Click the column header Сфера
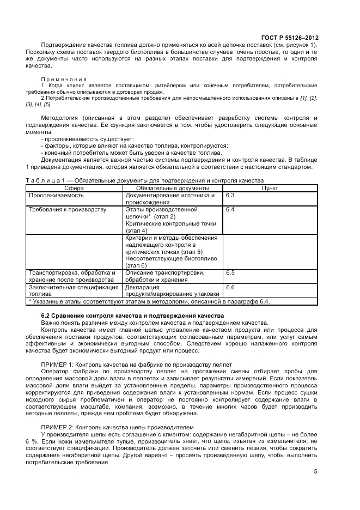coord(74,187)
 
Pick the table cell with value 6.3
coord(230,195)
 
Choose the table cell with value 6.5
coord(230,272)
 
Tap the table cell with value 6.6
coord(230,287)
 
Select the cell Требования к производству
coord(68,209)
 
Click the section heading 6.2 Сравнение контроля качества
coord(124,315)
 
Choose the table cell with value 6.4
coord(230,209)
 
